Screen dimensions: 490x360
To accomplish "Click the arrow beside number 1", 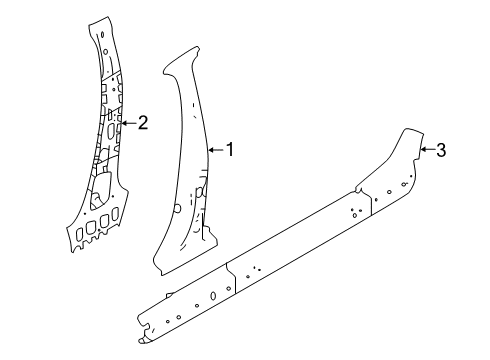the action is click(x=214, y=150).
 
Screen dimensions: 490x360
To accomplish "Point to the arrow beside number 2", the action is click(x=127, y=123).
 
